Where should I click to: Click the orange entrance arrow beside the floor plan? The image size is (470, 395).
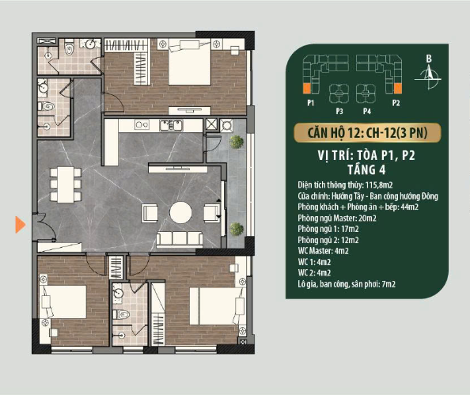click(x=20, y=225)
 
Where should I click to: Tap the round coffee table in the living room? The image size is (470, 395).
click(x=180, y=213)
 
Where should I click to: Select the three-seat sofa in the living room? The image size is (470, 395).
click(x=180, y=239)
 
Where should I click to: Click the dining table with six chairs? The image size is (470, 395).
click(x=66, y=184)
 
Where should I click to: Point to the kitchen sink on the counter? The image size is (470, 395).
click(x=171, y=125)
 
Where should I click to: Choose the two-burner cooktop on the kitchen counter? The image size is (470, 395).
click(x=142, y=124)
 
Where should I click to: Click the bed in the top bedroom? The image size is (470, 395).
click(x=189, y=63)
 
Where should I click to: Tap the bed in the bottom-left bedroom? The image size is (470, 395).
click(x=63, y=302)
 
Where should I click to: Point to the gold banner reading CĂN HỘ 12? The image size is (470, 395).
click(x=367, y=132)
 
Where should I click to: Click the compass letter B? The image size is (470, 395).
click(x=429, y=59)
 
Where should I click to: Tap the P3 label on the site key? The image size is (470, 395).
click(x=339, y=112)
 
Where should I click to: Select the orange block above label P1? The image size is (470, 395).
click(x=307, y=89)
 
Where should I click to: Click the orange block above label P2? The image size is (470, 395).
click(x=397, y=89)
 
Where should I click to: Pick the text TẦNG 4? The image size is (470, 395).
click(x=366, y=169)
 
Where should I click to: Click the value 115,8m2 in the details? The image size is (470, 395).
click(x=379, y=185)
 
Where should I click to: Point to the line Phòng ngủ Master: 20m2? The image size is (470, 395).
click(x=337, y=218)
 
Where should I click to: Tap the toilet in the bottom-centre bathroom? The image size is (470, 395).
click(x=121, y=314)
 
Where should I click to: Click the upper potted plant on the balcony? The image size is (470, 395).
click(x=237, y=142)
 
